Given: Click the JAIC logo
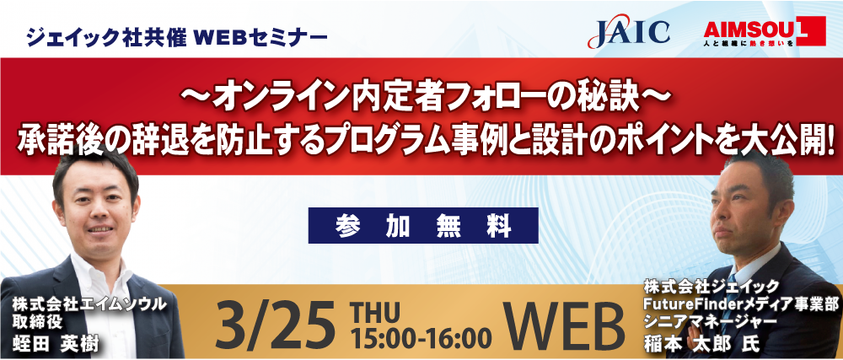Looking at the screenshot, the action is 629,34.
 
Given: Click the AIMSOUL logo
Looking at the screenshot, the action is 764,31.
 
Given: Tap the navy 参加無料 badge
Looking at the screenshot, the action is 423,225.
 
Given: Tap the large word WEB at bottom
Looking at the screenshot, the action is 567,325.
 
